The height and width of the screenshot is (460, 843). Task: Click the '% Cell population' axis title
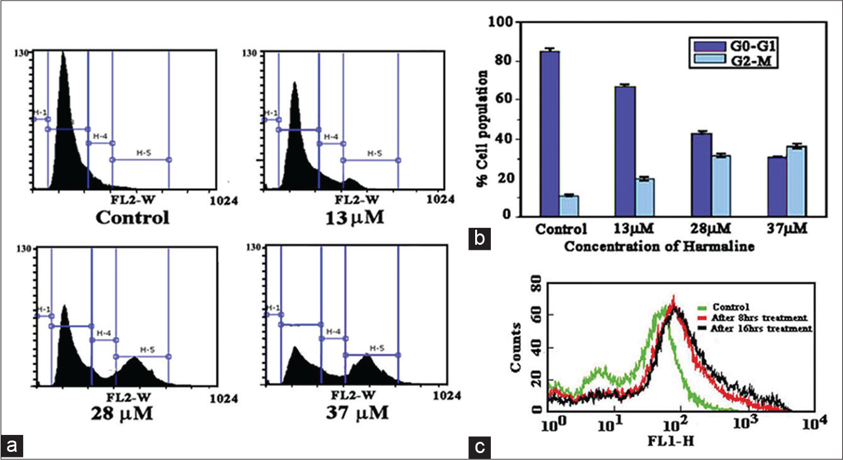tap(484, 119)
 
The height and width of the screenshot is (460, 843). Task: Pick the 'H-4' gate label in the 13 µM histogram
tap(331, 136)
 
